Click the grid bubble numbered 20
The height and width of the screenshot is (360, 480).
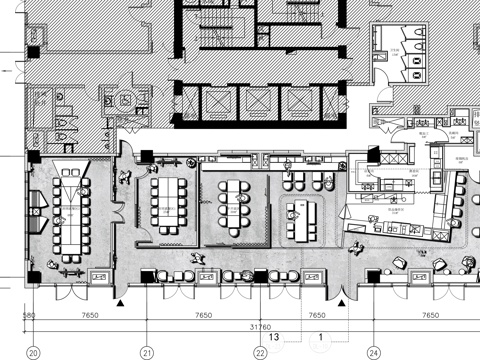point(33,353)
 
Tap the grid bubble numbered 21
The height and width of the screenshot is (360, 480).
point(147,353)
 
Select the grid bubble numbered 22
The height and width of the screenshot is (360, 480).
point(260,353)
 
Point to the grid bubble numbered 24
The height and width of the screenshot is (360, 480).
point(373,353)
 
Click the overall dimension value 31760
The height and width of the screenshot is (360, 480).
point(261,325)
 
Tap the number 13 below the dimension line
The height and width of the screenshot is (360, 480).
point(272,338)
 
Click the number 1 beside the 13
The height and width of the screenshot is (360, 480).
point(320,338)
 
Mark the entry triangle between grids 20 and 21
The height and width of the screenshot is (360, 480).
point(121,299)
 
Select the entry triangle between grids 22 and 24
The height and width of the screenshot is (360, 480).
point(342,299)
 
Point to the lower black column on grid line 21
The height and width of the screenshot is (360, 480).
point(147,276)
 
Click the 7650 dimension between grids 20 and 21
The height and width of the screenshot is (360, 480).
point(90,315)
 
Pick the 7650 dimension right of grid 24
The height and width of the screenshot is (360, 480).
point(430,315)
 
